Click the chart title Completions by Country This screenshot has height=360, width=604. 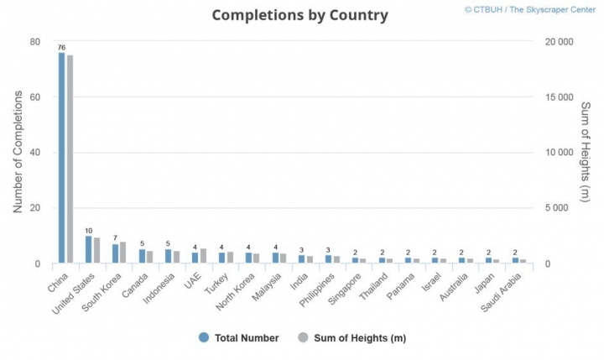point(299,15)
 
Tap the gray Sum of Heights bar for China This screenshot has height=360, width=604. point(70,159)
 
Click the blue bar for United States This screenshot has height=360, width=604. point(88,249)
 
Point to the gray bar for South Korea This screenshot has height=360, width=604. point(123,253)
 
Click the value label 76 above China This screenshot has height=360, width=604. point(61,48)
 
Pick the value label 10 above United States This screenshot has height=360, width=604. point(88,231)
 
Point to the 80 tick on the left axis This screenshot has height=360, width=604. point(34,42)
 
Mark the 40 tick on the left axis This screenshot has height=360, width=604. point(34,153)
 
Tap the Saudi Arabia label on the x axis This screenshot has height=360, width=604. point(508,290)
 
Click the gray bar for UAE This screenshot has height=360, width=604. point(203,256)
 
